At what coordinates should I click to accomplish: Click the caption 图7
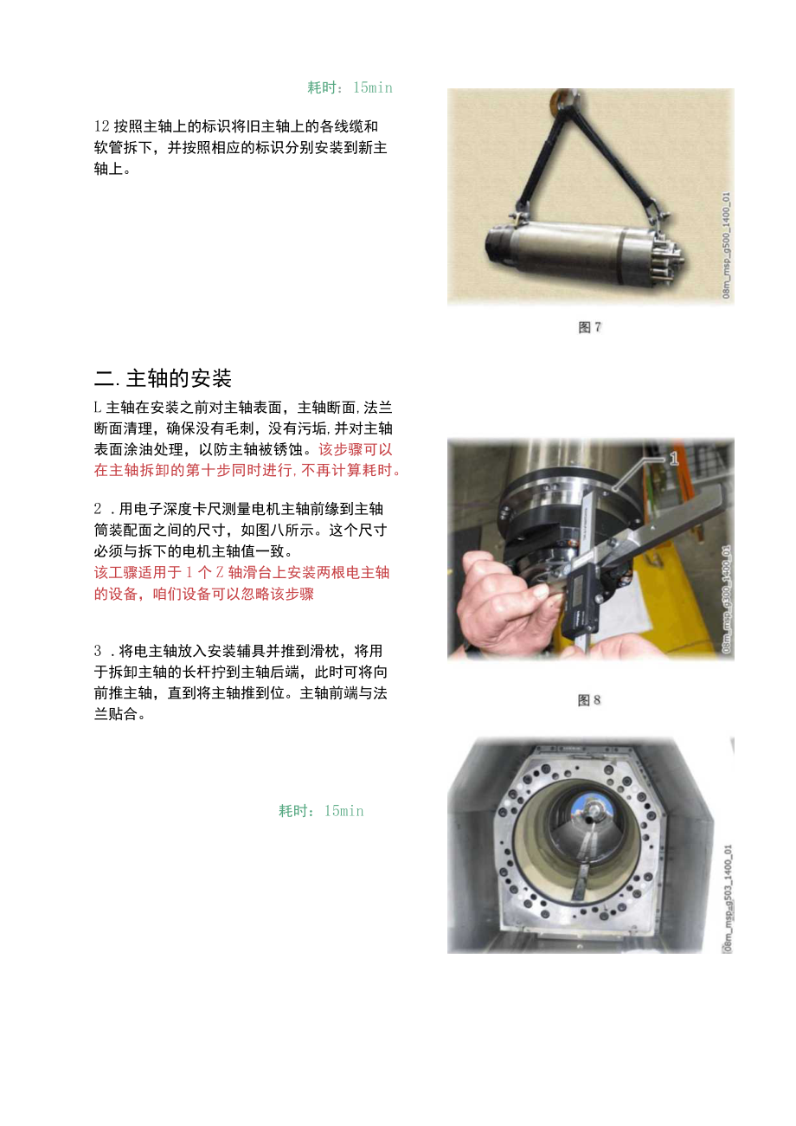pyautogui.click(x=589, y=327)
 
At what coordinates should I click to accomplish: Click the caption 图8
pyautogui.click(x=589, y=700)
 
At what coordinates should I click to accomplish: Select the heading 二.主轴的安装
pyautogui.click(x=163, y=378)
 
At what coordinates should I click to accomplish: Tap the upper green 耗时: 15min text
pyautogui.click(x=350, y=87)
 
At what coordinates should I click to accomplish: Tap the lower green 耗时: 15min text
pyautogui.click(x=321, y=811)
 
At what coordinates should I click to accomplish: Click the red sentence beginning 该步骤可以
pyautogui.click(x=247, y=460)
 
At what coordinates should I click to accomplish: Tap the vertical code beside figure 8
pyautogui.click(x=726, y=597)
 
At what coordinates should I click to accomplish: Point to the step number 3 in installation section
pyautogui.click(x=98, y=650)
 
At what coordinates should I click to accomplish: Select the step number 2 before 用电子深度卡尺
pyautogui.click(x=98, y=508)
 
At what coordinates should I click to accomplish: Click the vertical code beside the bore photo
pyautogui.click(x=726, y=900)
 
